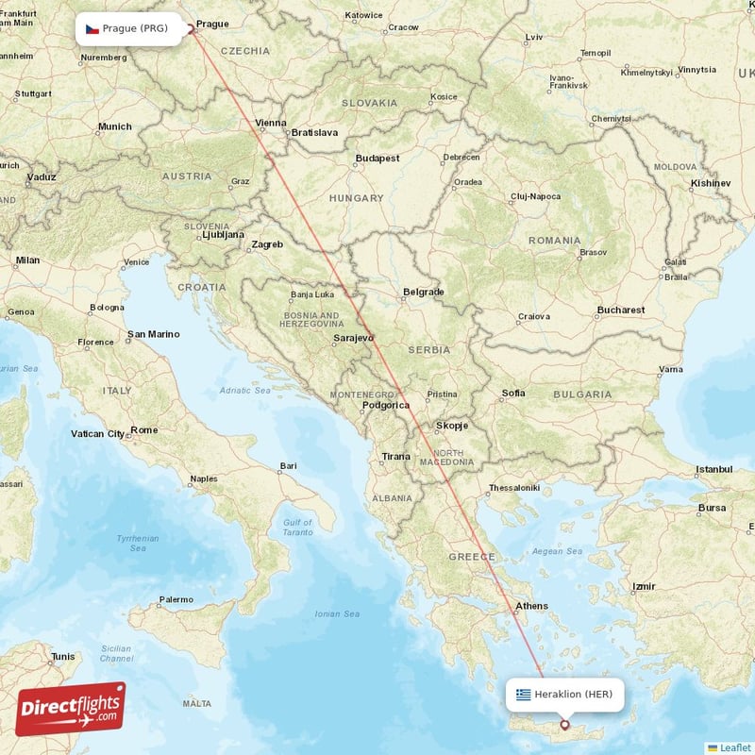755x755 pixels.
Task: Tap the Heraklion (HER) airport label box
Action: [564, 695]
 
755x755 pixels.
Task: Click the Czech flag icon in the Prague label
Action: [92, 28]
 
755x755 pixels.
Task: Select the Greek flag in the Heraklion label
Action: [523, 695]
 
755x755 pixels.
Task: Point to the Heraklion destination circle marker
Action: [564, 725]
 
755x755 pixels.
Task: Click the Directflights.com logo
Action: [71, 709]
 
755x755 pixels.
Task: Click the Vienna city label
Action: [270, 123]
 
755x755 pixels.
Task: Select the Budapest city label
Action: [377, 159]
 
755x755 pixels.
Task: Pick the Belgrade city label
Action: [423, 293]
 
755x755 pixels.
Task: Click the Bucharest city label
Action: [620, 310]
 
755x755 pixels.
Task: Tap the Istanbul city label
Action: [713, 469]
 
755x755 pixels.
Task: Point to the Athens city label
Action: [531, 606]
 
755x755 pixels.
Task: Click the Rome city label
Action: [144, 430]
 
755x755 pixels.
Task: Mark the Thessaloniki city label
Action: [513, 488]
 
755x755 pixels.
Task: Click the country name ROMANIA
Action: [555, 241]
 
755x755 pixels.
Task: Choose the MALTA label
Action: [196, 704]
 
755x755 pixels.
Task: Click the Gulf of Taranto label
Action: [297, 527]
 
